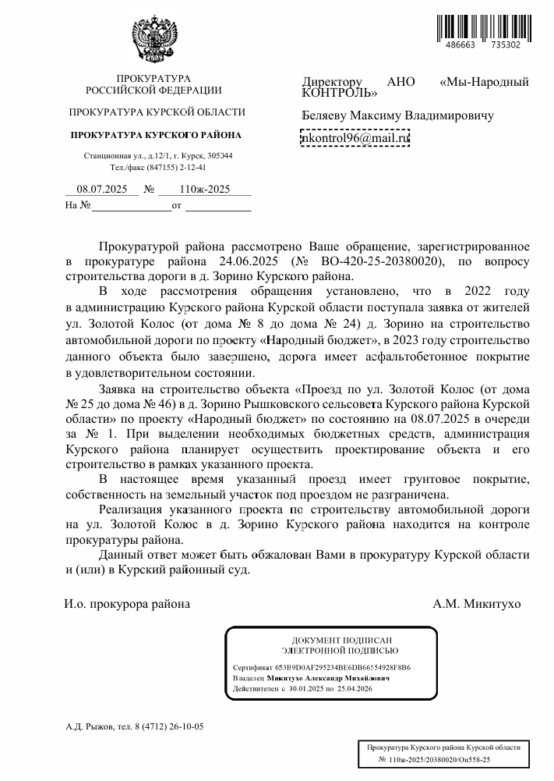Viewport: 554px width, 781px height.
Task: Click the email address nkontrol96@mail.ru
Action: [355, 138]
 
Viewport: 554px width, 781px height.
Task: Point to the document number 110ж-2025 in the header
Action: [204, 189]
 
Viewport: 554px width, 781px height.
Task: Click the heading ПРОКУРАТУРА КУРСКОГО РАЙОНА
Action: [156, 134]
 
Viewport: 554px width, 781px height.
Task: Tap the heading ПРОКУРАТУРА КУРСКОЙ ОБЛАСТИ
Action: [157, 112]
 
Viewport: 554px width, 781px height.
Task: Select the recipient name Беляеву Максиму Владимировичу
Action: [397, 115]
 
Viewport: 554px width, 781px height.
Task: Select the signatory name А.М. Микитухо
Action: [477, 603]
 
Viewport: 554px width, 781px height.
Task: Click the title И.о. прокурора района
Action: [127, 603]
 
